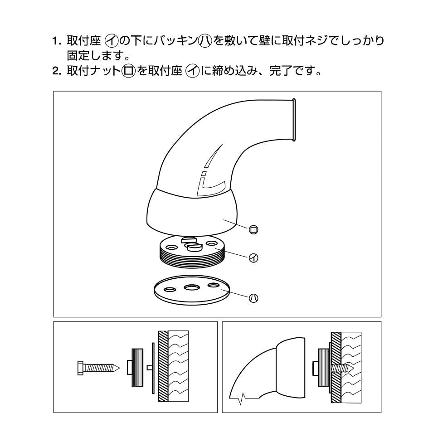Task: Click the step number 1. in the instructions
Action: [x=57, y=41]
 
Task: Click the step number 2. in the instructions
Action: [x=57, y=71]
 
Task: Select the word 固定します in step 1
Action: [x=96, y=56]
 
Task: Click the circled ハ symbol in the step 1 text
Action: [x=205, y=41]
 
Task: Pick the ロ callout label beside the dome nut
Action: [x=253, y=229]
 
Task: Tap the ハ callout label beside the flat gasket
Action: [x=253, y=298]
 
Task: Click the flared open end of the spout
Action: [x=294, y=120]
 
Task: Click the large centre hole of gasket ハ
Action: [x=191, y=287]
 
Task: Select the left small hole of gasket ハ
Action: [x=170, y=290]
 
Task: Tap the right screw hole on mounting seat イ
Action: [x=212, y=243]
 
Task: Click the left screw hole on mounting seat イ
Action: [x=172, y=246]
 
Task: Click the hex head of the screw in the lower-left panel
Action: [x=80, y=368]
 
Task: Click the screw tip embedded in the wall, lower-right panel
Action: [x=351, y=369]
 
